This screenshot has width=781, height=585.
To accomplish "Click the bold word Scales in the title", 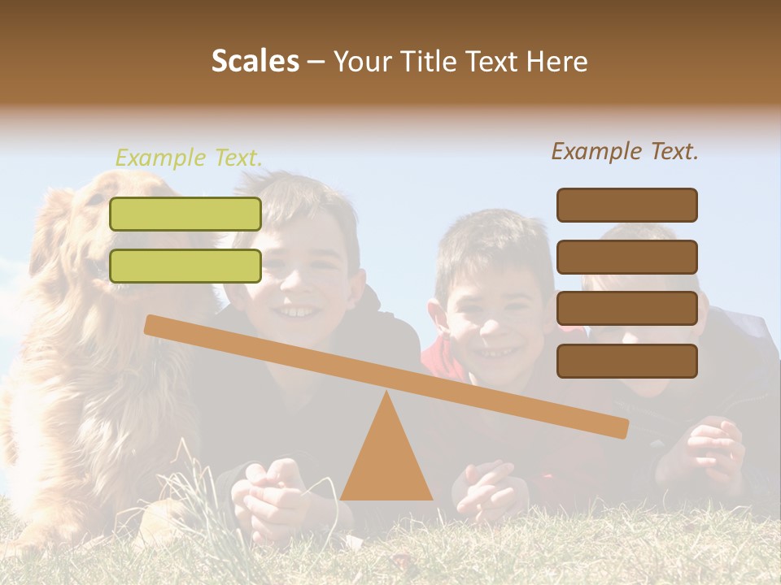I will coord(255,62).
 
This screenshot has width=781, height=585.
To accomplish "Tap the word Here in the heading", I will coord(556,62).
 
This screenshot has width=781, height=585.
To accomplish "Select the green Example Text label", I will coord(189,158).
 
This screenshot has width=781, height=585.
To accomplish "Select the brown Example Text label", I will coord(625,151).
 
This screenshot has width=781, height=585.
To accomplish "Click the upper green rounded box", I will coord(185,214).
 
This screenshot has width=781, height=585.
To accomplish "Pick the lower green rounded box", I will coord(185,266).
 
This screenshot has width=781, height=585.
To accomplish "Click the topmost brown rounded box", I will coord(626,205).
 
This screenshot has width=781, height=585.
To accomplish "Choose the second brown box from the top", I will coord(626,257).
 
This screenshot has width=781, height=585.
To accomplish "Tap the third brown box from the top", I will coord(626,309).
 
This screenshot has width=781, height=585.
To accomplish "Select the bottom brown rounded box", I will coord(626,361).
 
